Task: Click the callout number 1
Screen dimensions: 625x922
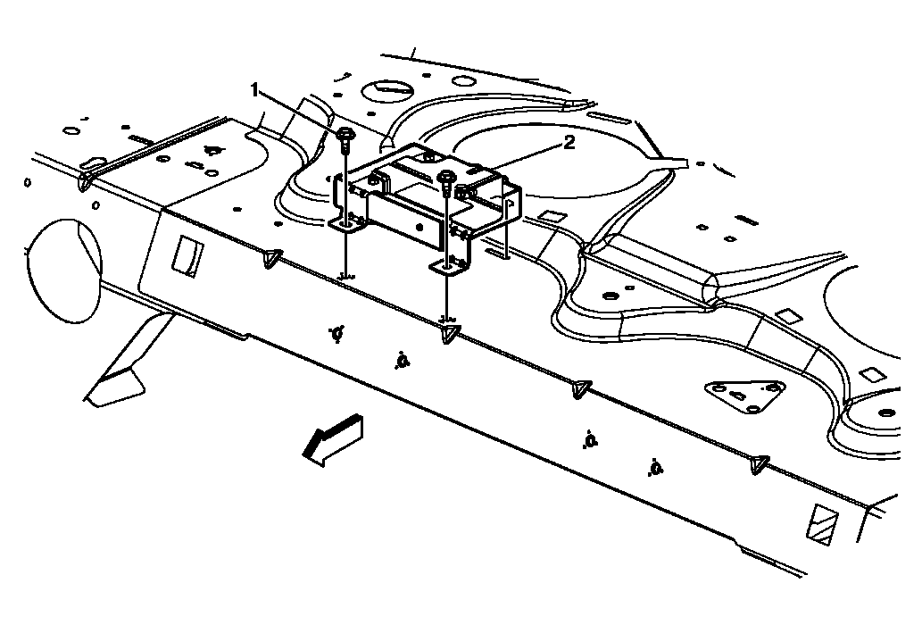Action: tap(255, 89)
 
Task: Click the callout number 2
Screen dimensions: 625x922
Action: tap(569, 141)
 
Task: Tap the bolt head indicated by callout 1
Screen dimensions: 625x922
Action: tap(345, 136)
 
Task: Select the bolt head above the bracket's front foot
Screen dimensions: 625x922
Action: tap(446, 177)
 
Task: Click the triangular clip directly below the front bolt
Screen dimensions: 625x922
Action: tap(450, 333)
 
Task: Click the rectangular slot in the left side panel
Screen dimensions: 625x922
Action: tap(187, 256)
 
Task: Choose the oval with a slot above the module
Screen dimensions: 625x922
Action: tap(386, 88)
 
